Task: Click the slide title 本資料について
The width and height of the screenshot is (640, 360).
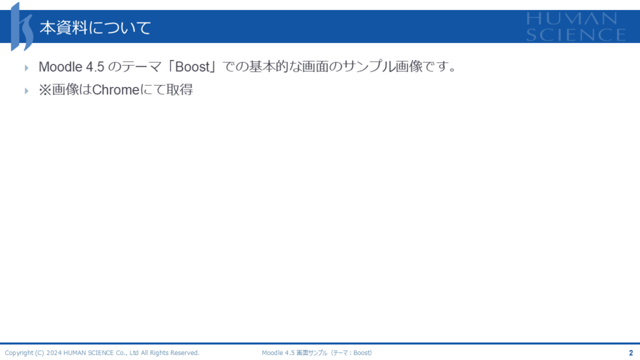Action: point(95,27)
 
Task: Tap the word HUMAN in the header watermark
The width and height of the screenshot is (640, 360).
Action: point(571,19)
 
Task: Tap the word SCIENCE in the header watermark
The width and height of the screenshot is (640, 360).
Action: point(576,35)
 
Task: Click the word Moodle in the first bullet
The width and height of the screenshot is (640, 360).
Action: point(61,66)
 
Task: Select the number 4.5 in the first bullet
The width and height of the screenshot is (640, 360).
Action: point(95,66)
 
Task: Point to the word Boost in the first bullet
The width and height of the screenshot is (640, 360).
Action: point(192,66)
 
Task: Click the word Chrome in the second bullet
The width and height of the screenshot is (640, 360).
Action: point(116,90)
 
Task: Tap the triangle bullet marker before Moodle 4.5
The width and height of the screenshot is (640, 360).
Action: point(26,67)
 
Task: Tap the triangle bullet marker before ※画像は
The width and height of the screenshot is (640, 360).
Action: point(26,91)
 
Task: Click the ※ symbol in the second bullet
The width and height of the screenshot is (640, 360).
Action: point(45,90)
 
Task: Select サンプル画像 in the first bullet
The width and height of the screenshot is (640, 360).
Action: point(382,66)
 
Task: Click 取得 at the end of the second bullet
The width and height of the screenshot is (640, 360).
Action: point(179,90)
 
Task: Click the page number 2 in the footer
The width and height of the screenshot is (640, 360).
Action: point(631,352)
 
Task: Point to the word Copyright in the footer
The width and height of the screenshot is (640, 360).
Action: point(19,352)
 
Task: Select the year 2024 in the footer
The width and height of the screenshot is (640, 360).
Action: point(54,352)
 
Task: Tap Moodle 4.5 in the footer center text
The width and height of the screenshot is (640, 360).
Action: point(278,352)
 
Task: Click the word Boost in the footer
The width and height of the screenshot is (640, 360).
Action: point(362,352)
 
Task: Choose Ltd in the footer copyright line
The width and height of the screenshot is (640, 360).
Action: point(134,352)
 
